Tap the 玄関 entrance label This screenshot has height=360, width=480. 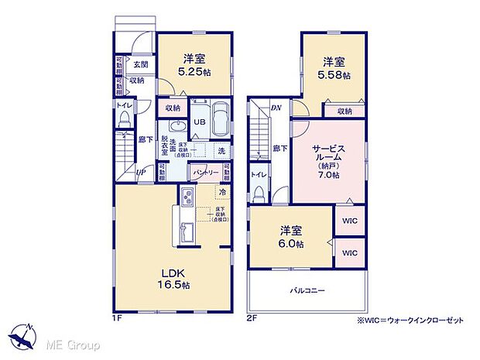tap(140, 65)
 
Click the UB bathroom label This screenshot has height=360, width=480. tap(199, 122)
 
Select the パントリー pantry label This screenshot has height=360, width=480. tap(206, 172)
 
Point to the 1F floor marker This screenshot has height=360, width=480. tap(118, 317)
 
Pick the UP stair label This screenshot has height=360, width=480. tap(142, 173)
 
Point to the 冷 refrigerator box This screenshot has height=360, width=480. tap(223, 191)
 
